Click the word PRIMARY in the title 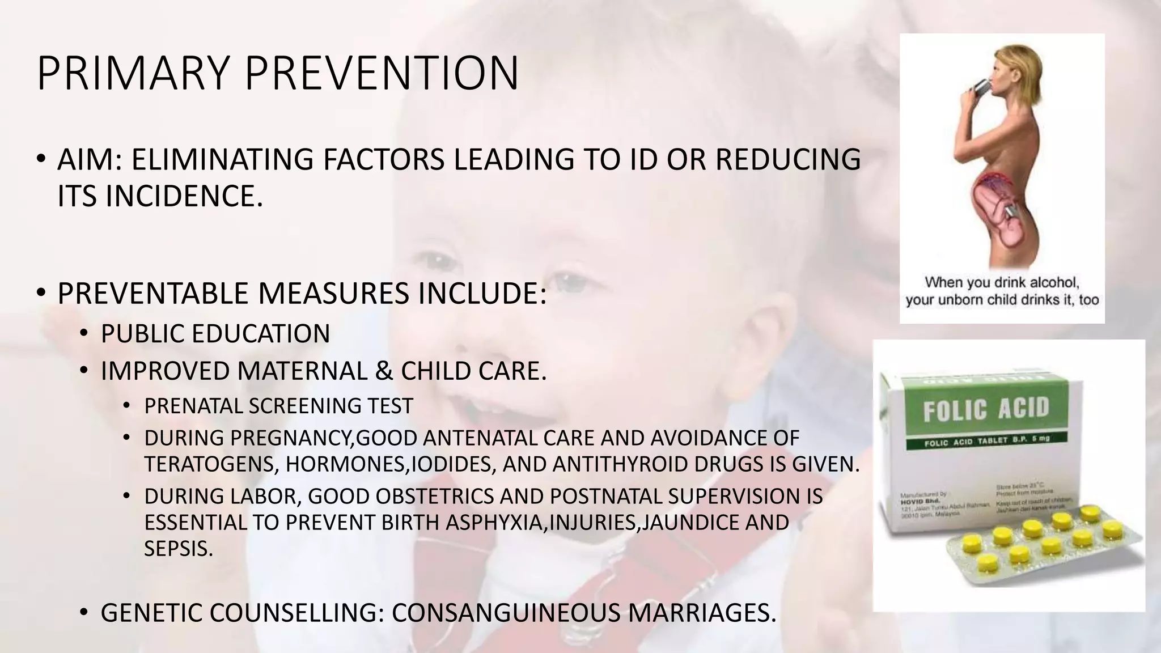(133, 73)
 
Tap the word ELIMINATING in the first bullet (222, 159)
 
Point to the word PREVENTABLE (152, 294)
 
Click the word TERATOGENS (210, 464)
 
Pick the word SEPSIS (178, 549)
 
